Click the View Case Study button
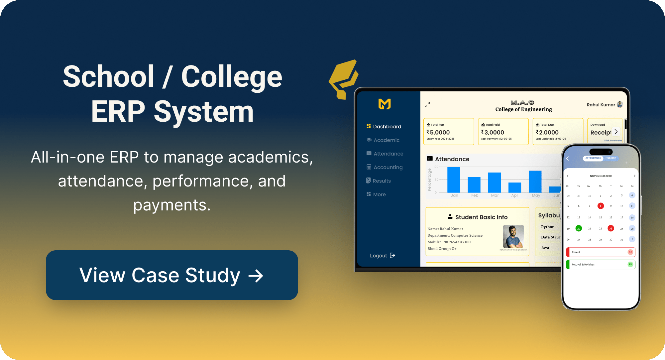coord(172,275)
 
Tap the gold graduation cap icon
coord(344,79)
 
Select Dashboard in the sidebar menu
coord(387,127)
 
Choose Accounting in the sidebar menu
coord(388,167)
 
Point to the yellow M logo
coord(385,104)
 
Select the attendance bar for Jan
coord(454,180)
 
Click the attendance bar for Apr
coord(515,187)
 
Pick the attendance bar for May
coord(535,181)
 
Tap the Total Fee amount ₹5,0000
coord(438,132)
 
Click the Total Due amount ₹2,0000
coord(547,132)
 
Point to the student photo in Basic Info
coord(513,236)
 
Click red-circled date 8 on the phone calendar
coord(601,206)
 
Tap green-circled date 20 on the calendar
coord(579,228)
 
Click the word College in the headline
coord(232,77)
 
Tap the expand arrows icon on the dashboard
coord(427,104)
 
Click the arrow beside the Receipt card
coord(616,132)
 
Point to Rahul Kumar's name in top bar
coord(601,105)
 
